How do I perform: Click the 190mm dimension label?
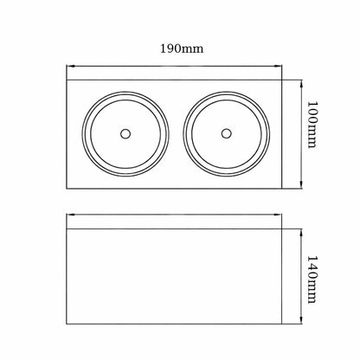(182, 48)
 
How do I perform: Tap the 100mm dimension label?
(312, 125)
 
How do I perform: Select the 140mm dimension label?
(312, 280)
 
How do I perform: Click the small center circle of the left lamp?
(125, 134)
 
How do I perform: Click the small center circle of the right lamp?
(227, 133)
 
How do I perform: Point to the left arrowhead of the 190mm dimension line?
(69, 67)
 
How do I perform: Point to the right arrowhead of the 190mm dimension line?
(278, 67)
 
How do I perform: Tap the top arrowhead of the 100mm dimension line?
(301, 83)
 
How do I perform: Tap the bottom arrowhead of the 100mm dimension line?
(301, 185)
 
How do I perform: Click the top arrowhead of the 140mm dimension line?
(301, 232)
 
